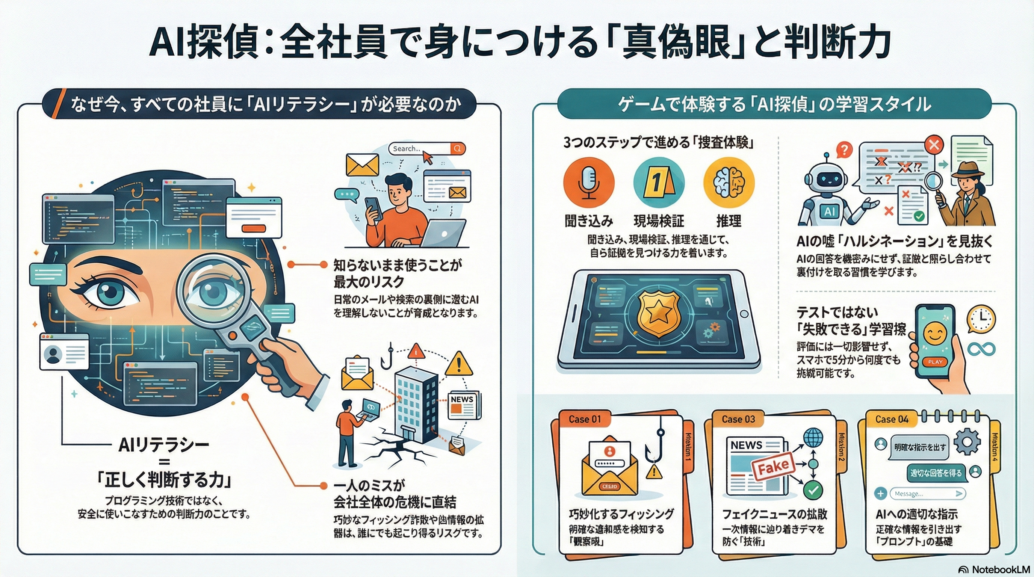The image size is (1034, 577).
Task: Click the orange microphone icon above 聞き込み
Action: (589, 183)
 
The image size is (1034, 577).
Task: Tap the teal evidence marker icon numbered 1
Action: (659, 183)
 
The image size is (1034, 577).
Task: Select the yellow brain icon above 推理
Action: (729, 183)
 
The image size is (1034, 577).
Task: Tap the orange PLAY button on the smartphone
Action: (935, 361)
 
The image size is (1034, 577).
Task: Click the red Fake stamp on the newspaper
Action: (773, 467)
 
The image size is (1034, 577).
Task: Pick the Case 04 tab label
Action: (892, 419)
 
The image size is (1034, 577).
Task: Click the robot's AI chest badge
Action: (829, 211)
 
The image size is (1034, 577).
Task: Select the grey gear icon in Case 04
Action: (967, 442)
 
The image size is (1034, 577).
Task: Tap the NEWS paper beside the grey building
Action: (464, 405)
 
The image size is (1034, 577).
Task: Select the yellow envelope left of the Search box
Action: (362, 165)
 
